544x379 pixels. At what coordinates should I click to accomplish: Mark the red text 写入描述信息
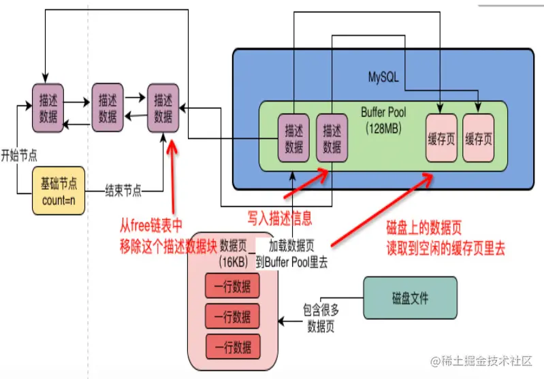coord(280,218)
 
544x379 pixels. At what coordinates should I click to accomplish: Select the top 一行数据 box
coord(232,286)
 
